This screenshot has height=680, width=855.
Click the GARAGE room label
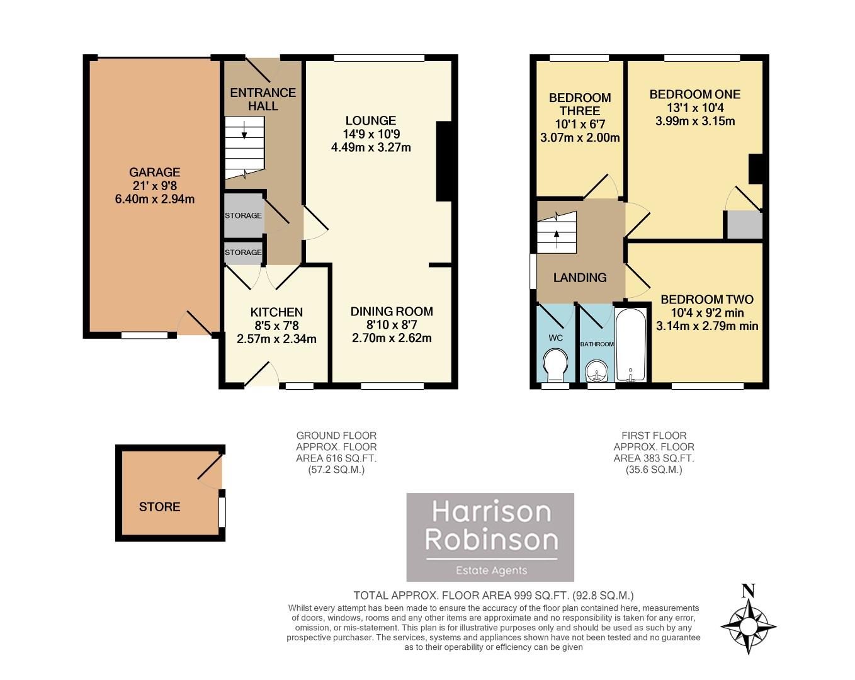point(154,172)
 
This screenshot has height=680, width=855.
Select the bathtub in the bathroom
point(630,345)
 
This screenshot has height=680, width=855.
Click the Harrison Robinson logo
point(490,537)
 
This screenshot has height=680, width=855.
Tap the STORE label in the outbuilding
point(159,507)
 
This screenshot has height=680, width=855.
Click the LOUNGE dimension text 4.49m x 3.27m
point(371,148)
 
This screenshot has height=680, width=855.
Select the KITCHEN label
point(276,312)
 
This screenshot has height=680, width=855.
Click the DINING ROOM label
point(392,311)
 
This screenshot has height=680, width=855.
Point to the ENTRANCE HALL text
point(263,99)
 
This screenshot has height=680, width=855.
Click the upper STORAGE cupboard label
point(243,215)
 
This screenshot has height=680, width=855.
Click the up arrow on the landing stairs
point(557,235)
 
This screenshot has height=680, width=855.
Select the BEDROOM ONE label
point(694,94)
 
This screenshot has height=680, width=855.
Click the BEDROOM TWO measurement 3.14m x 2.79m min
point(707,326)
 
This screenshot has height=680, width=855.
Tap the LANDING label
point(580,277)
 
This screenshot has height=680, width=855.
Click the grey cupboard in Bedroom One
point(744,225)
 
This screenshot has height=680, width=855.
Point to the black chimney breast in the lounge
point(444,161)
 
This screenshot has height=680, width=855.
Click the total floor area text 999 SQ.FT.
point(493,595)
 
